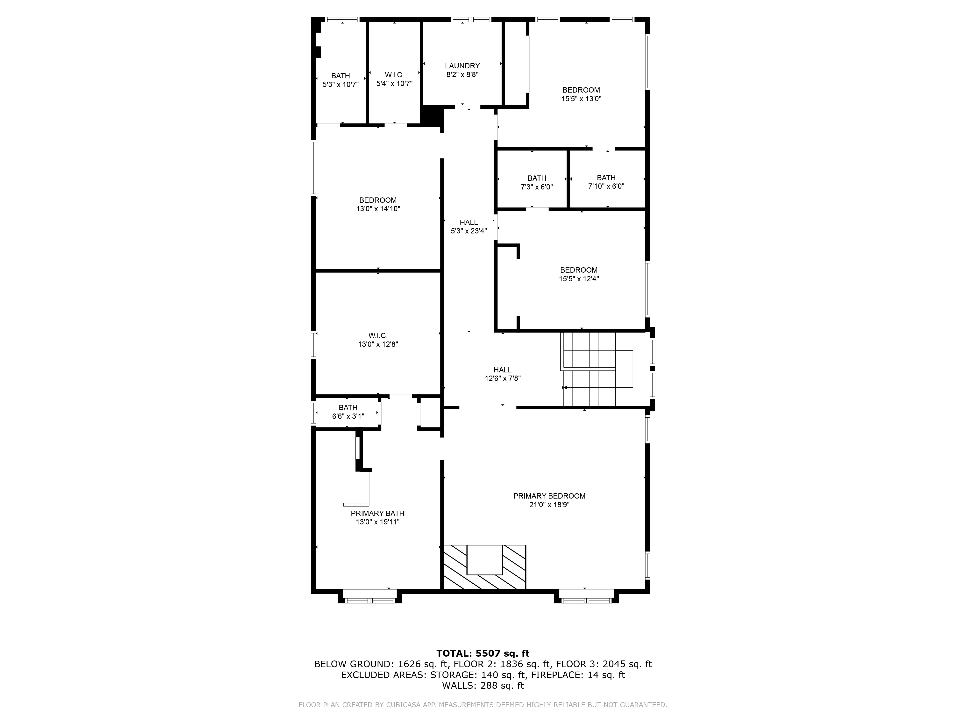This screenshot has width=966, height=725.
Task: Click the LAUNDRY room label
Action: click(462, 66)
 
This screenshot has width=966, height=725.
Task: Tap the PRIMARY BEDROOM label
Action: click(549, 496)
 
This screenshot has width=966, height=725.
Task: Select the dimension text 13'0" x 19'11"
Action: click(377, 522)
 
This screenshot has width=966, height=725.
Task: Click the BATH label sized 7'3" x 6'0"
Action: click(536, 178)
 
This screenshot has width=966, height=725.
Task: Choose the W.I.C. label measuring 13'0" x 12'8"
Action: click(378, 336)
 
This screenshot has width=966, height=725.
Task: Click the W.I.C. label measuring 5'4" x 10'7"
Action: click(394, 75)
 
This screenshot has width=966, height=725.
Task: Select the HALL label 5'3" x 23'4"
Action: click(469, 222)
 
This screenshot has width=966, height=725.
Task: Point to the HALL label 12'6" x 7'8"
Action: click(502, 370)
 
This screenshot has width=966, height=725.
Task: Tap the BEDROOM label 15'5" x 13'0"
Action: click(581, 90)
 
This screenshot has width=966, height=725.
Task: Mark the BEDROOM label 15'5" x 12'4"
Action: click(579, 270)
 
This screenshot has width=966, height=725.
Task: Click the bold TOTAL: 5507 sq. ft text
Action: click(483, 653)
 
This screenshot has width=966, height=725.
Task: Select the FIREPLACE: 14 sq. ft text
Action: click(578, 675)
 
